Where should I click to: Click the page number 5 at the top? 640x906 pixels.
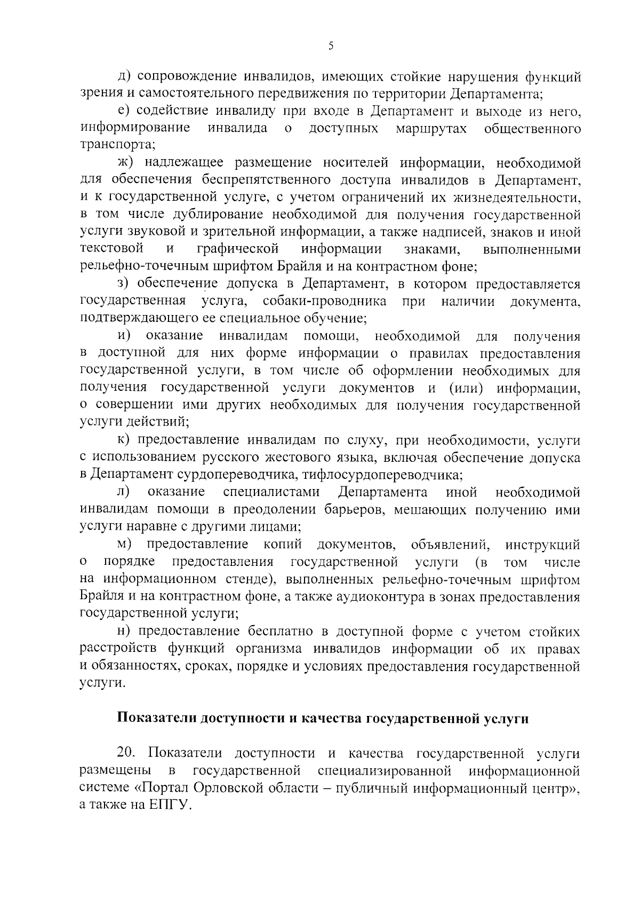pos(331,46)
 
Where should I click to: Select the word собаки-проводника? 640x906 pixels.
pos(325,302)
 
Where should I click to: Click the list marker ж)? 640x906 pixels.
pos(127,163)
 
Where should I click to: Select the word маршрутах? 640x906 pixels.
pos(432,129)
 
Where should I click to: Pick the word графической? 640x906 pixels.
pos(238,249)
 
